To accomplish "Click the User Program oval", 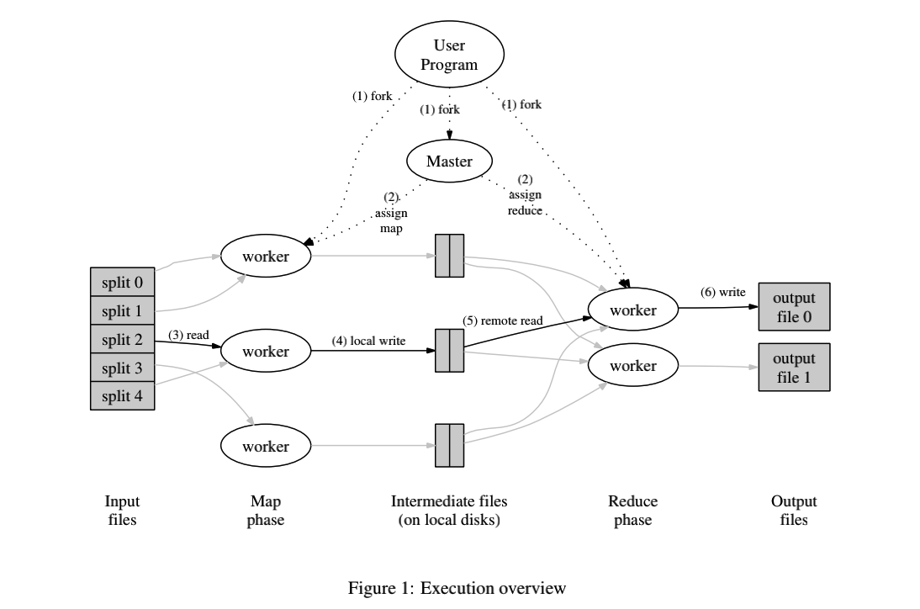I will pyautogui.click(x=449, y=55).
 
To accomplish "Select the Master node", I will pyautogui.click(x=449, y=161).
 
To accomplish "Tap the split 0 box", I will pyautogui.click(x=123, y=283).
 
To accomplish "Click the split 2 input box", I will pyautogui.click(x=123, y=340).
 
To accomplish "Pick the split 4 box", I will pyautogui.click(x=123, y=395).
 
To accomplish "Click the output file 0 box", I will pyautogui.click(x=794, y=307).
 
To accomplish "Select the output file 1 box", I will pyautogui.click(x=794, y=368).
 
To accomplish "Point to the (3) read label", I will pyautogui.click(x=188, y=335).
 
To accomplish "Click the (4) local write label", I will pyautogui.click(x=368, y=341).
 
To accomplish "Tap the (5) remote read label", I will pyautogui.click(x=501, y=320).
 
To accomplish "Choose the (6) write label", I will pyautogui.click(x=722, y=292).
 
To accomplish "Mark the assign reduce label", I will pyautogui.click(x=525, y=203).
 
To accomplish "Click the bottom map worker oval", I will pyautogui.click(x=266, y=447).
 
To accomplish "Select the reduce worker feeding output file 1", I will pyautogui.click(x=633, y=367).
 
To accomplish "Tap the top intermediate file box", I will pyautogui.click(x=449, y=255).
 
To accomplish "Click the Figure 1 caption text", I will pyautogui.click(x=457, y=589).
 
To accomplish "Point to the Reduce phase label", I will pyautogui.click(x=632, y=511).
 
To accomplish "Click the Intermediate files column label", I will pyautogui.click(x=449, y=511).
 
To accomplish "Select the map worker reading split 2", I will pyautogui.click(x=266, y=351).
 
